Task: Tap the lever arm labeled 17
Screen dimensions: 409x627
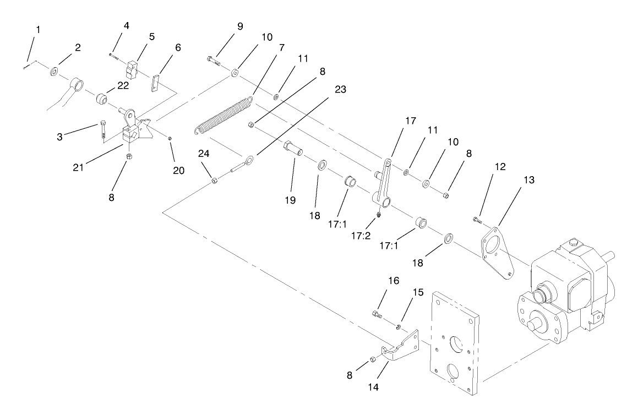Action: point(384,182)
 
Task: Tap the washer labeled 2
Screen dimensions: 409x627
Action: point(54,72)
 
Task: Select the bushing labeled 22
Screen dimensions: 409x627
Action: point(101,99)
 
